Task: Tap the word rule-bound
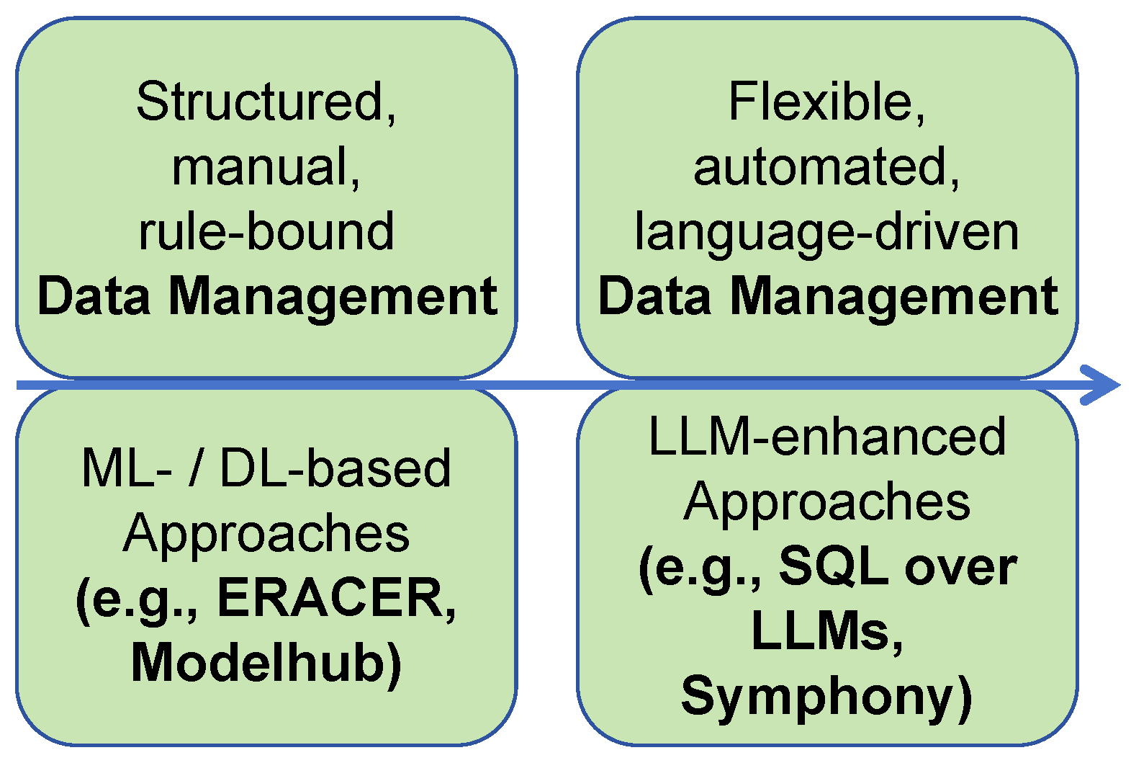pyautogui.click(x=266, y=232)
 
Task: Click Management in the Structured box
pyautogui.click(x=333, y=297)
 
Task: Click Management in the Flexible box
pyautogui.click(x=893, y=297)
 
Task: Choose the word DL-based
pyautogui.click(x=335, y=469)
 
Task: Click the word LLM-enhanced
pyautogui.click(x=826, y=437)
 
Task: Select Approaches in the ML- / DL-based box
pyautogui.click(x=266, y=534)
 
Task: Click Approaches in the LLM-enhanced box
pyautogui.click(x=826, y=502)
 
